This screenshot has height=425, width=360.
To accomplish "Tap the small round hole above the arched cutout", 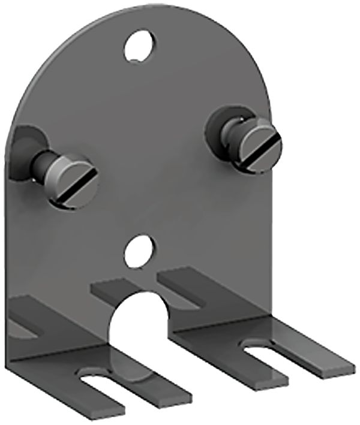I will tap(139, 251).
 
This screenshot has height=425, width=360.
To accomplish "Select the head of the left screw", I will tap(73, 182).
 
